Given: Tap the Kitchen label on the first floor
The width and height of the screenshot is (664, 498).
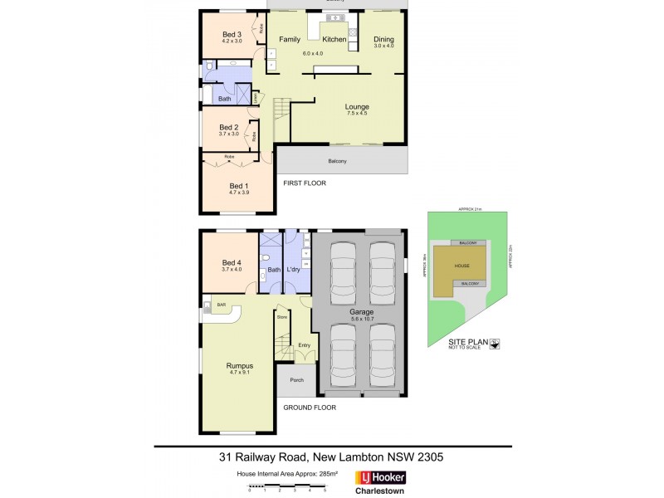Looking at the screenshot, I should (334, 39).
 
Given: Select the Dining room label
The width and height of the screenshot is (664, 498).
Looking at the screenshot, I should (383, 39).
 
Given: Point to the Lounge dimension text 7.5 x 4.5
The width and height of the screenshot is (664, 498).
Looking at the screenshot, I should (357, 115).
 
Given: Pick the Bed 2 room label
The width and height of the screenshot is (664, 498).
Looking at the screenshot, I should (229, 127).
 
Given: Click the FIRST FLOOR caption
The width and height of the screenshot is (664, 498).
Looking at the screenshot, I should (304, 182).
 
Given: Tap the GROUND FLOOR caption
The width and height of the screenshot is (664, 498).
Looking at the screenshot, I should (308, 408).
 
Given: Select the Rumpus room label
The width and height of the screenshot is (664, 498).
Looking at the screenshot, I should (239, 365).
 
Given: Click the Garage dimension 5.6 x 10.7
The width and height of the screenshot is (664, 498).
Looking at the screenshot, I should (355, 320).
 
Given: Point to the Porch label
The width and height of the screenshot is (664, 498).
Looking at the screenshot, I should (296, 380).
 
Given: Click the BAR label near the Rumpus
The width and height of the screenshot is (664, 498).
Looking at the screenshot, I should (222, 305).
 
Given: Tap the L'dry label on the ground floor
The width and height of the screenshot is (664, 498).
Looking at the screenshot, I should (293, 270).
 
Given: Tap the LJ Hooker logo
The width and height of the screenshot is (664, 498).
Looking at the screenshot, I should (384, 477).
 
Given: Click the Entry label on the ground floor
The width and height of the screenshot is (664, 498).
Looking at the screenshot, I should (304, 345).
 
